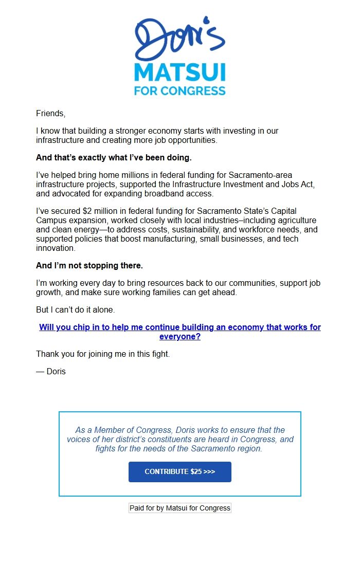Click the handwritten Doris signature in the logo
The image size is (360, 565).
click(x=179, y=39)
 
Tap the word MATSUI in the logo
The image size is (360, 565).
click(x=179, y=72)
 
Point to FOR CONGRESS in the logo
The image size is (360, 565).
click(x=179, y=91)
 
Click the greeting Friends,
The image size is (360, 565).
click(x=50, y=113)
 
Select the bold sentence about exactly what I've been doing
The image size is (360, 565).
click(x=114, y=157)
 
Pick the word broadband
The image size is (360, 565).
click(x=148, y=194)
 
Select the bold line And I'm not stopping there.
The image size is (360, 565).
click(x=89, y=265)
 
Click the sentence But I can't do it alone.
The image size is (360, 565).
click(x=76, y=310)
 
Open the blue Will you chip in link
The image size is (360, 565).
click(x=179, y=327)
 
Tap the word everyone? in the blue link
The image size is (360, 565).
click(x=179, y=337)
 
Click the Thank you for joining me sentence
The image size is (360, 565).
click(x=103, y=354)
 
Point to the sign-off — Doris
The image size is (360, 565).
click(x=51, y=371)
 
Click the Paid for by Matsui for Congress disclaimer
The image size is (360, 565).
click(x=179, y=508)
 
